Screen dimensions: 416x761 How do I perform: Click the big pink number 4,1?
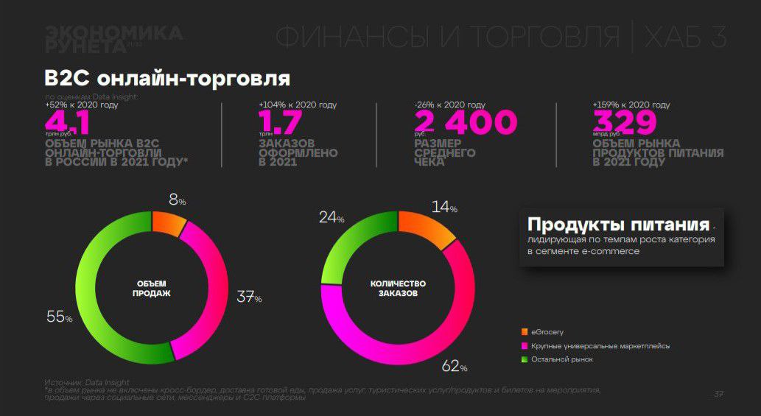pos(69,121)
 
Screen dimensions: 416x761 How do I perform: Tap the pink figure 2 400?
pos(466,121)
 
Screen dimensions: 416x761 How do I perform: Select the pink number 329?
pos(624,121)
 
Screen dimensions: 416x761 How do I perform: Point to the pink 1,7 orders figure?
pos(281,121)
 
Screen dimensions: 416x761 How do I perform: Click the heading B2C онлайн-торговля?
pos(167,78)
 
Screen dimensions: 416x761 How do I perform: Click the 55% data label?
pos(59,317)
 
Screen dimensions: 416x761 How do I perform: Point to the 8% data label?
pos(177,200)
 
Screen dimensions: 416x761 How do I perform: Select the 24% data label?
pos(332,217)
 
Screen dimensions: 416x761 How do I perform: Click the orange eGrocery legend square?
pos(525,332)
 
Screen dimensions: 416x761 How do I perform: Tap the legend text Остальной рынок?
pos(562,359)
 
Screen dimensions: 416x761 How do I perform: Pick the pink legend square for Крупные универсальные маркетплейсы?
pos(525,346)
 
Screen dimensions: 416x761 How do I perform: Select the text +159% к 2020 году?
pos(632,105)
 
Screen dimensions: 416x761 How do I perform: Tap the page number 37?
pos(718,394)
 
